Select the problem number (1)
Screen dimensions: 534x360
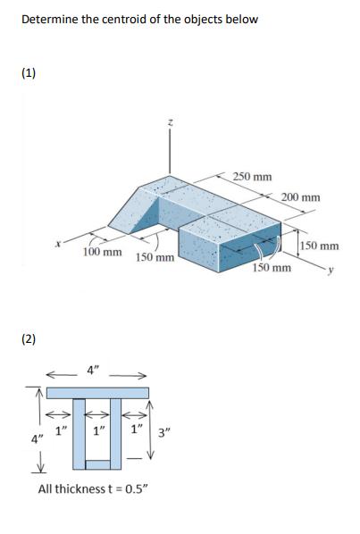29,74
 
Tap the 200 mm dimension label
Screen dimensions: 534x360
299,197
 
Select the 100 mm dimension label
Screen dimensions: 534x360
102,253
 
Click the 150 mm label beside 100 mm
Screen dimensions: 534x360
154,258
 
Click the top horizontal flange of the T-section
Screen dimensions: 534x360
98,393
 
